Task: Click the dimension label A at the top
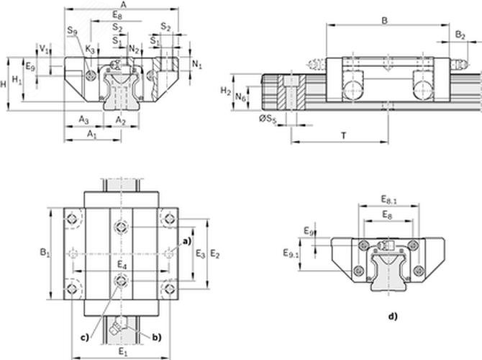tap(123, 4)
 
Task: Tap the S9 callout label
tap(73, 30)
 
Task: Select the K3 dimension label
tap(90, 50)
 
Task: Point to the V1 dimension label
tap(44, 49)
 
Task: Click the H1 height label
tap(17, 80)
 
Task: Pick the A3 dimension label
tap(83, 120)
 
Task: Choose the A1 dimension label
tap(91, 134)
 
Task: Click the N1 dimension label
tap(197, 64)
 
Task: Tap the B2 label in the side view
tap(460, 35)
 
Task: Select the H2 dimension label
tap(226, 91)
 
